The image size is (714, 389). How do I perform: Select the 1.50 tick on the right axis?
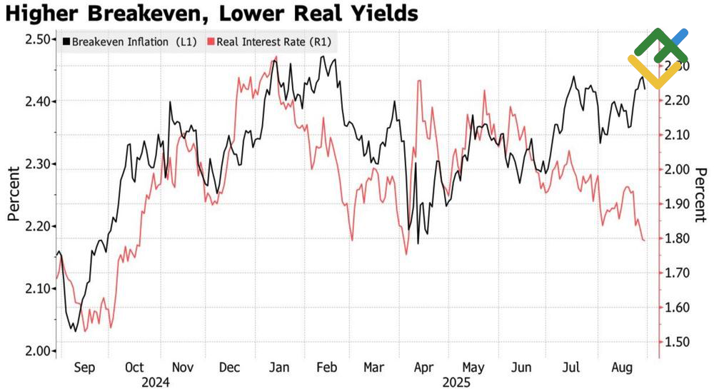(x=676, y=343)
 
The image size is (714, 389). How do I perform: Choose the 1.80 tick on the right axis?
(x=676, y=238)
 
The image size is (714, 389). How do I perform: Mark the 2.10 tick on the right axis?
(x=676, y=135)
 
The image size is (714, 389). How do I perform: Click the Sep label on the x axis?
(x=84, y=368)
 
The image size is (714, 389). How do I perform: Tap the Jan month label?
(x=279, y=368)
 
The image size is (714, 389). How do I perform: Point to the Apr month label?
(x=423, y=368)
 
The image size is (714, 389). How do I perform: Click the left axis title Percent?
(x=14, y=194)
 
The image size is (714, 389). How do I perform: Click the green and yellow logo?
(x=658, y=57)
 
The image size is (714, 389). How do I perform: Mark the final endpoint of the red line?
(x=645, y=241)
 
